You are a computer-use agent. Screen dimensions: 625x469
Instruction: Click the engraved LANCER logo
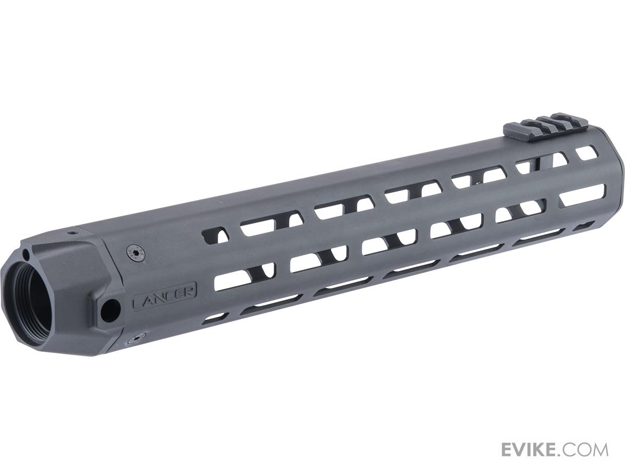tap(165, 296)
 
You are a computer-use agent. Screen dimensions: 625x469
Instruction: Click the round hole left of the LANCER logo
tap(110, 307)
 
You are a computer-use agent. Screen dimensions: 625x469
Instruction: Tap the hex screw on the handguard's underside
tap(136, 339)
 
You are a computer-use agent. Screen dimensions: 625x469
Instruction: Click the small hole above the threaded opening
tap(27, 253)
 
